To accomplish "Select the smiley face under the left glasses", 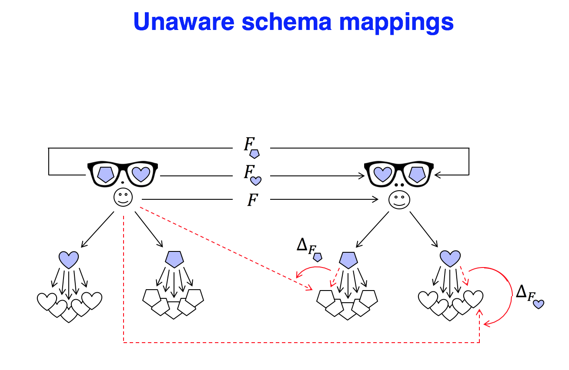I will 123,198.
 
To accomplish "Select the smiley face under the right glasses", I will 398,200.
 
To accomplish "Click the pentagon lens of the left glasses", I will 106,174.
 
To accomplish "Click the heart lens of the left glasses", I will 141,174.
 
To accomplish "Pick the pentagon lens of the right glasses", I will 417,174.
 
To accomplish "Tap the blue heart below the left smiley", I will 69,259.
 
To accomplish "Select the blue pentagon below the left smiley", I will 174,259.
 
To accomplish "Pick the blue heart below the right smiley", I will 450,259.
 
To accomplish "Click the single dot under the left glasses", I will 123,182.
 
